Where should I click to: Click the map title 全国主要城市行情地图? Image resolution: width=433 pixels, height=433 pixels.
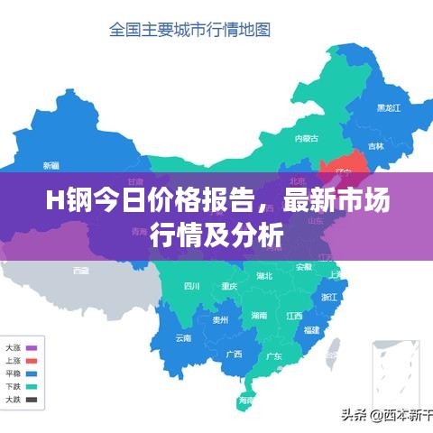(189, 30)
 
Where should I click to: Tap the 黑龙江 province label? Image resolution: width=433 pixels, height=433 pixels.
(391, 107)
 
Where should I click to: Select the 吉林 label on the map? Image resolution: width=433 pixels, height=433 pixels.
(376, 145)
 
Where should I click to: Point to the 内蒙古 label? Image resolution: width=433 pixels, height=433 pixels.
(307, 138)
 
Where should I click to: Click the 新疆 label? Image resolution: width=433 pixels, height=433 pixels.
(51, 165)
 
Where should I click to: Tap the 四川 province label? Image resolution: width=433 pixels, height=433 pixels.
(191, 287)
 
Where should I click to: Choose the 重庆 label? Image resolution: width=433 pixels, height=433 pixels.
(229, 287)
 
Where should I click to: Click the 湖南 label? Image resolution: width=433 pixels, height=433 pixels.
(259, 315)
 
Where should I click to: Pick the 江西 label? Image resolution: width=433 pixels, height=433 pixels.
(294, 316)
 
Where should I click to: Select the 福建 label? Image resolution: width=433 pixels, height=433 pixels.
(312, 329)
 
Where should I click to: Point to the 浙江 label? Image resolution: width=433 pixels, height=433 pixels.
(329, 296)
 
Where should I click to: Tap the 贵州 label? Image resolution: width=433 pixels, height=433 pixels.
(220, 319)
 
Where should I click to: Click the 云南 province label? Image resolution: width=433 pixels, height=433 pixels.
(183, 338)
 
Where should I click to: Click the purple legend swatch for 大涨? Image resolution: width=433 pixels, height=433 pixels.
(32, 348)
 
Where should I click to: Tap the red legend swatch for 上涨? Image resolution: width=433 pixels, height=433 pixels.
(32, 361)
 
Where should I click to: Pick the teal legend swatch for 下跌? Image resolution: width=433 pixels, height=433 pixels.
(32, 386)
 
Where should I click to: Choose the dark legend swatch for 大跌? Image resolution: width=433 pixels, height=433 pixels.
(32, 399)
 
